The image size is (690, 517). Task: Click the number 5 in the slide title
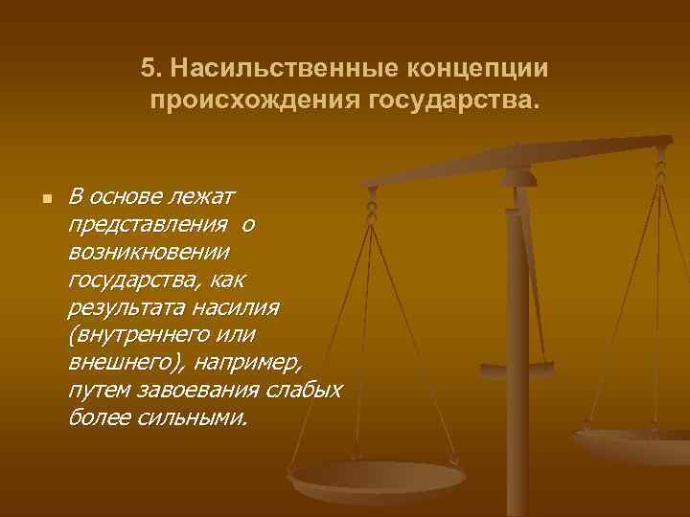tap(147, 69)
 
